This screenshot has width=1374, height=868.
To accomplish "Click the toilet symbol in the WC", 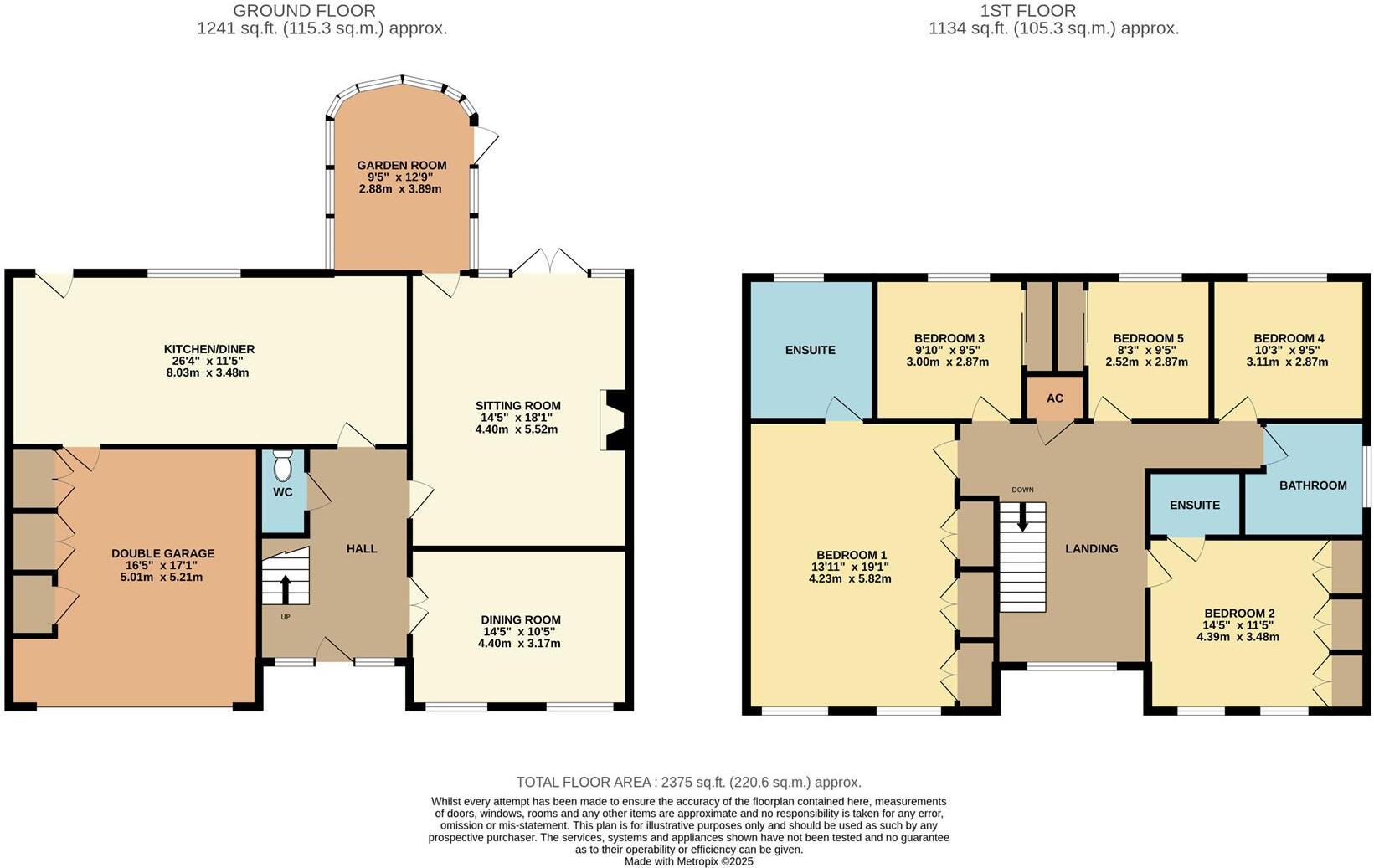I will coord(283,465).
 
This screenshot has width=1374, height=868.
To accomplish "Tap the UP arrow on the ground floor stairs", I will coord(285,588).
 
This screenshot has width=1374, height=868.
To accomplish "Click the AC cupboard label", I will coord(1054,398).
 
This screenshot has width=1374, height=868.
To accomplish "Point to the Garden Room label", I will coord(401,166).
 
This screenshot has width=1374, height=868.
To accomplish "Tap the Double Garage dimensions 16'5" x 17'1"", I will coord(162,566).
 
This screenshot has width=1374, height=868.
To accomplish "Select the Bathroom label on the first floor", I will coord(1312,485).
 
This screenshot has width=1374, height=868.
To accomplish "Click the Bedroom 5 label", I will coord(1147,338).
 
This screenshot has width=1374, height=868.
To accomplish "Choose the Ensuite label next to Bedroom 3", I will coord(810,350).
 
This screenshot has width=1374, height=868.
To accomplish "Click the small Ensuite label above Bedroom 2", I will coord(1194,505).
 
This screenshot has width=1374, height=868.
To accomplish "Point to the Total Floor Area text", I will coord(688,782).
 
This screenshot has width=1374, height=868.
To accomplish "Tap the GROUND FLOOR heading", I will coord(304,11).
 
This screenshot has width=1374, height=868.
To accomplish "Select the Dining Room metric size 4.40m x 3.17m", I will coord(519,644).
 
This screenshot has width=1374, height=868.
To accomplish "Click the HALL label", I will coord(362,548).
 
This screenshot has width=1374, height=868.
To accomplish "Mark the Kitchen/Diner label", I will coord(208,349).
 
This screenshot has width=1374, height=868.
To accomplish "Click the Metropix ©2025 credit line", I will coord(688,860).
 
